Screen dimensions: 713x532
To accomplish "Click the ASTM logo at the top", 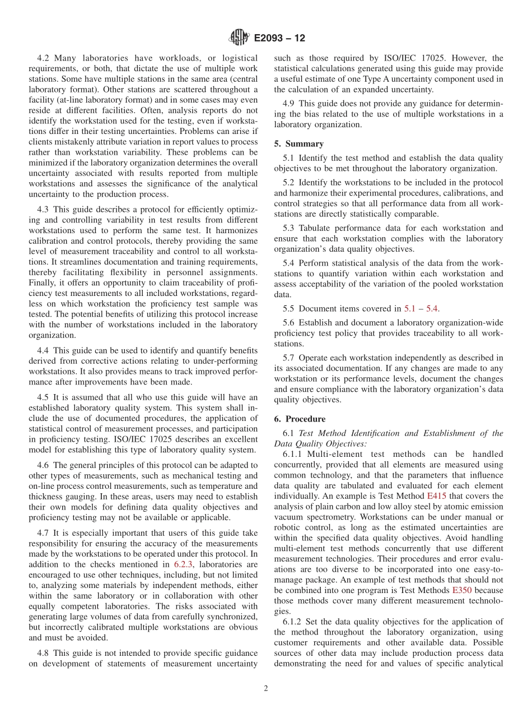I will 240,38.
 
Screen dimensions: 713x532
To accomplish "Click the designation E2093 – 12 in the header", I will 279,39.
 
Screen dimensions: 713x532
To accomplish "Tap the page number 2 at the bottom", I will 266,689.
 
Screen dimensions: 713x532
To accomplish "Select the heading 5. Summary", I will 299,144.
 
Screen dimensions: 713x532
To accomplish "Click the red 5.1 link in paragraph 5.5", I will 410,308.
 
